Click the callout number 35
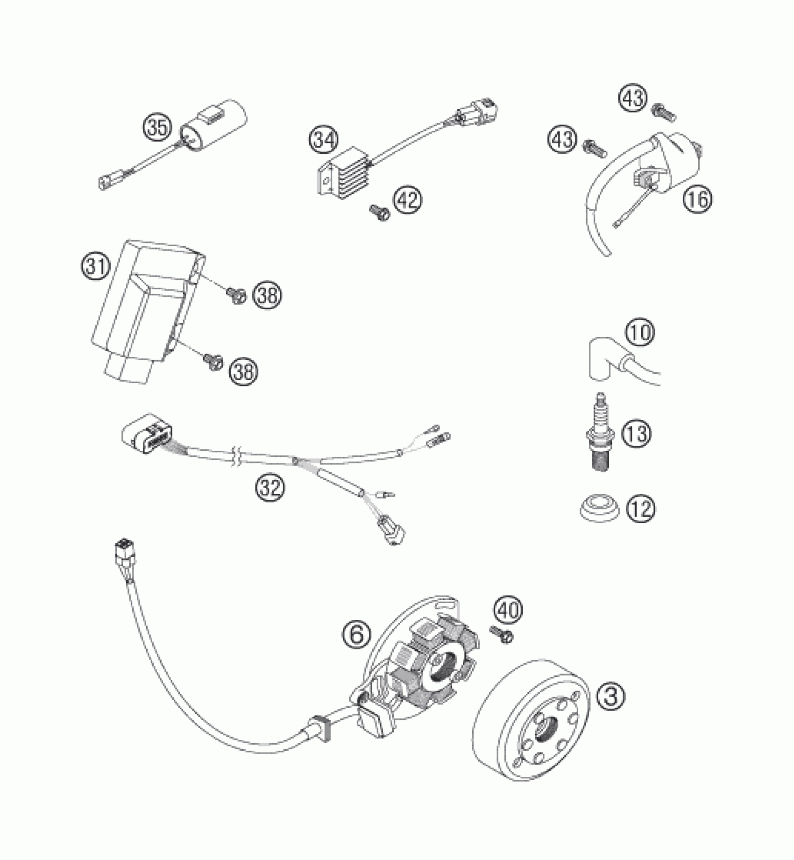pos(158,128)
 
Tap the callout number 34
pos(324,141)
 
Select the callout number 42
pos(407,199)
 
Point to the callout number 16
pos(698,199)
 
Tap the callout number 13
pos(637,434)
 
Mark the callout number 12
pos(641,509)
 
